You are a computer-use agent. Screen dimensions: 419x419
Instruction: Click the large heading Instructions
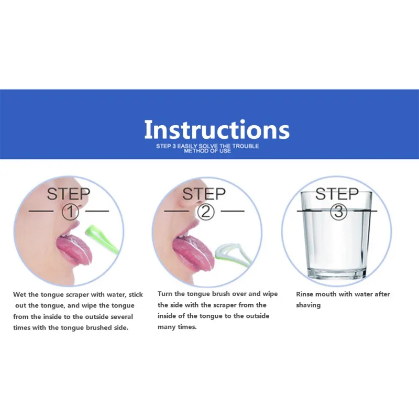click(x=217, y=129)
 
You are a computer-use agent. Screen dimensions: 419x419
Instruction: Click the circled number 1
click(x=71, y=212)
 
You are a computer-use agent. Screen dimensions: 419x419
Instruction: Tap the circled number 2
click(x=206, y=212)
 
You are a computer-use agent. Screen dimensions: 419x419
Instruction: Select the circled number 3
click(x=338, y=212)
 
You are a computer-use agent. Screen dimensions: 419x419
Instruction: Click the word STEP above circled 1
click(x=69, y=194)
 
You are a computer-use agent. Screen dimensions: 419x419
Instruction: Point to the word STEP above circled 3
click(x=337, y=194)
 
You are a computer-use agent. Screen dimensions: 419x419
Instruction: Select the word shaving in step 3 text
click(x=308, y=305)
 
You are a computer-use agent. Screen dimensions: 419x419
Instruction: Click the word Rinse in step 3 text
click(x=305, y=294)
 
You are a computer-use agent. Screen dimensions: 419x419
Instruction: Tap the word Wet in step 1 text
click(x=19, y=294)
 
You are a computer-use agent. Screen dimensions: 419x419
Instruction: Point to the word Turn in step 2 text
click(x=164, y=294)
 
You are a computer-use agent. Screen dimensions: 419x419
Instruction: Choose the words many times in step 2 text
click(x=177, y=327)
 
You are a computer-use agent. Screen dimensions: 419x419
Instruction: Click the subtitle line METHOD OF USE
click(x=207, y=151)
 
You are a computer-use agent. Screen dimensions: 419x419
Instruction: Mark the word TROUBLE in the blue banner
click(x=245, y=146)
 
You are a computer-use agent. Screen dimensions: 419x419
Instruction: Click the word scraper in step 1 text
click(x=77, y=295)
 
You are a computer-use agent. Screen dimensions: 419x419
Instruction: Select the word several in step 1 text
click(x=122, y=317)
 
